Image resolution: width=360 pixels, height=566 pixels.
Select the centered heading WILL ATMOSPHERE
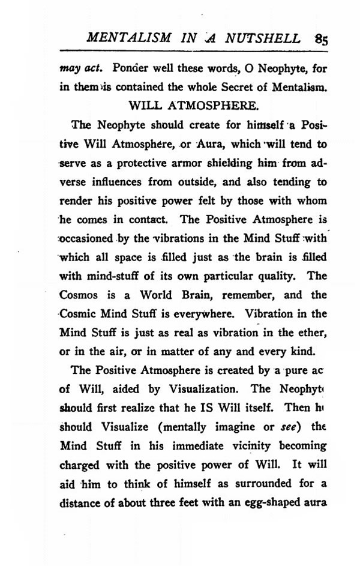click(194, 107)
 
